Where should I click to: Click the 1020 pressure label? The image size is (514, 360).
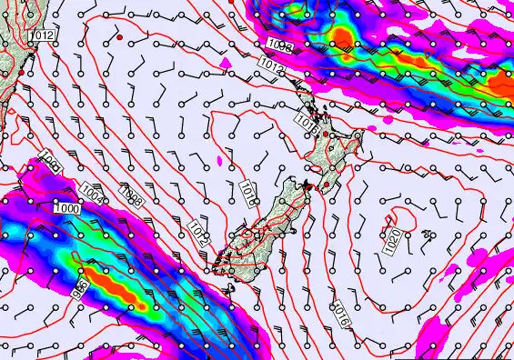coord(393,241)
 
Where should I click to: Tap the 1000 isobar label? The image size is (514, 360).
coord(66,208)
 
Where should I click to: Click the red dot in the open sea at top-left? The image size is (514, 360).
coord(119,39)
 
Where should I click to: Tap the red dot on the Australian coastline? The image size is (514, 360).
coord(18,71)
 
